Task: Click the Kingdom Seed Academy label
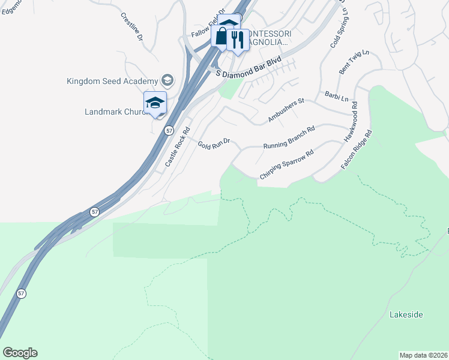pyautogui.click(x=112, y=81)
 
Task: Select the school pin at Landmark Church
pyautogui.click(x=155, y=103)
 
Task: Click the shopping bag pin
pyautogui.click(x=221, y=37)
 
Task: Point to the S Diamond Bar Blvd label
pyautogui.click(x=248, y=67)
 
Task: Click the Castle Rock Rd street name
pyautogui.click(x=178, y=146)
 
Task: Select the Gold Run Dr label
pyautogui.click(x=214, y=143)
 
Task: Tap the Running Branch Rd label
pyautogui.click(x=289, y=137)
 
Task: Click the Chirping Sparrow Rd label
pyautogui.click(x=287, y=164)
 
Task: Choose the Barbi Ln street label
pyautogui.click(x=337, y=96)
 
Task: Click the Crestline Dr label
pyautogui.click(x=131, y=26)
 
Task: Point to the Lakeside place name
pyautogui.click(x=406, y=314)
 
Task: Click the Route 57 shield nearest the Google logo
pyautogui.click(x=22, y=293)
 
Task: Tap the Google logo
pyautogui.click(x=20, y=352)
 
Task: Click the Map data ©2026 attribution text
pyautogui.click(x=423, y=355)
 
